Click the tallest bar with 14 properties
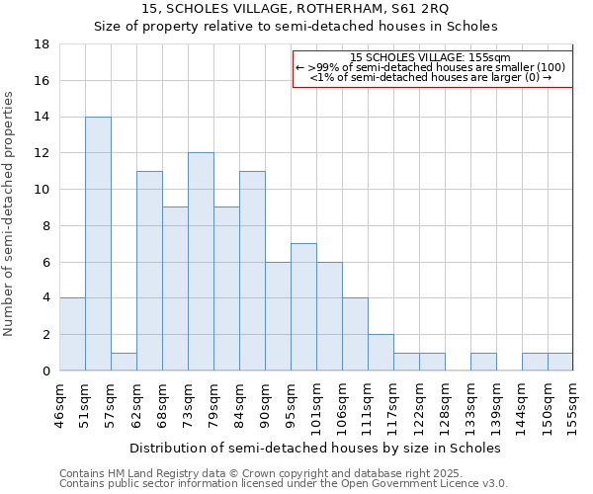point(98,243)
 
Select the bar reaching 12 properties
point(201,262)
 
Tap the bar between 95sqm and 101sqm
point(303,306)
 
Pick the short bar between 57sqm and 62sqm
point(124,362)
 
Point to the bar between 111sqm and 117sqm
point(381,352)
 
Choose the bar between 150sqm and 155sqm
point(560,362)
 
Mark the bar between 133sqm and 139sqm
point(483,362)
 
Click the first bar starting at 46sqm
point(72,334)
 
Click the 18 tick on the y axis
point(42,44)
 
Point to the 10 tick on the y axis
point(42,190)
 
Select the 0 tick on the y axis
point(45,370)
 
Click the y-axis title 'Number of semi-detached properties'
point(10,212)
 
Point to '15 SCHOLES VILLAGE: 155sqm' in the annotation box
point(430,57)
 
